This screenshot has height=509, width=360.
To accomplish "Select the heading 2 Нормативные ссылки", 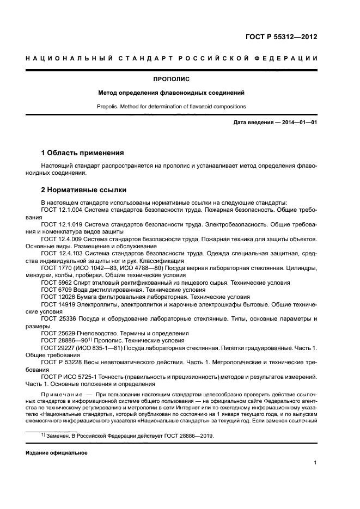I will pos(84,190).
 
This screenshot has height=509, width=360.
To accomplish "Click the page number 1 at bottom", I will pos(315,463).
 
